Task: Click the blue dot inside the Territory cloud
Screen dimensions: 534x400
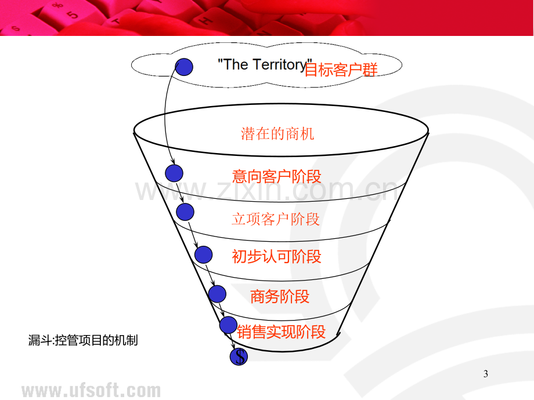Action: pyautogui.click(x=184, y=67)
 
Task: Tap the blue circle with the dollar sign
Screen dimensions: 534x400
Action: pyautogui.click(x=239, y=357)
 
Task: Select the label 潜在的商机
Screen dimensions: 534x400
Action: pyautogui.click(x=277, y=134)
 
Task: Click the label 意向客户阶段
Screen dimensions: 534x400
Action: pyautogui.click(x=276, y=177)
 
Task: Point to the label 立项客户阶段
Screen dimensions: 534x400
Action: pyautogui.click(x=276, y=219)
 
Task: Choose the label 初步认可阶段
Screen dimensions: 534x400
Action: pyautogui.click(x=276, y=256)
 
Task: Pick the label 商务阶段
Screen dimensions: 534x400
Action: pyautogui.click(x=280, y=297)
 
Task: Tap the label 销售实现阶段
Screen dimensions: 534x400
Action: pyautogui.click(x=282, y=332)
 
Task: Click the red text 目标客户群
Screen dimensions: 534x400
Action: pyautogui.click(x=341, y=70)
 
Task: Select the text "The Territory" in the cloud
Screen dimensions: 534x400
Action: pyautogui.click(x=265, y=64)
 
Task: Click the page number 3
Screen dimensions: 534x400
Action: pyautogui.click(x=486, y=374)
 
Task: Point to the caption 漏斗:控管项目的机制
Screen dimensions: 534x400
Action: pyautogui.click(x=83, y=340)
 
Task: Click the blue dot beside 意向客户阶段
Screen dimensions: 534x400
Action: pyautogui.click(x=174, y=173)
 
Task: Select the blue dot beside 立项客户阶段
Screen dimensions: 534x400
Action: pyautogui.click(x=185, y=212)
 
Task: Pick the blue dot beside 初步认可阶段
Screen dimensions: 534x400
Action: pyautogui.click(x=204, y=254)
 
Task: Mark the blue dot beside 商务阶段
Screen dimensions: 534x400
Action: pyautogui.click(x=217, y=294)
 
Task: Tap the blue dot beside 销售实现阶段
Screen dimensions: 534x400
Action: pyautogui.click(x=228, y=325)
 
